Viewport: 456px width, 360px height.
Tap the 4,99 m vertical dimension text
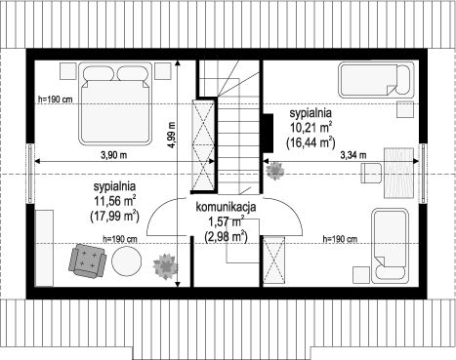pyautogui.click(x=172, y=135)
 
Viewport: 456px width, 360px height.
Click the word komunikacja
pyautogui.click(x=226, y=207)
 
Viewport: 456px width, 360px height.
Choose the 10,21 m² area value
pyautogui.click(x=311, y=127)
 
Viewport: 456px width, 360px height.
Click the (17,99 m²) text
pyautogui.click(x=114, y=217)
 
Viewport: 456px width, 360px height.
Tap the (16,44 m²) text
pyautogui.click(x=311, y=142)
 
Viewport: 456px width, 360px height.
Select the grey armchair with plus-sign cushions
pyautogui.click(x=87, y=261)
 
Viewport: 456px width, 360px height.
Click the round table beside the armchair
pyautogui.click(x=127, y=261)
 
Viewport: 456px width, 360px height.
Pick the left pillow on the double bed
pyautogui.click(x=99, y=73)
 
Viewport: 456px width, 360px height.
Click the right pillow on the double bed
pyautogui.click(x=132, y=73)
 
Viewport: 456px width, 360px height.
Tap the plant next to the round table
pyautogui.click(x=166, y=266)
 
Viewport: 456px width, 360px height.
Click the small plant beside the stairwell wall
pyautogui.click(x=275, y=171)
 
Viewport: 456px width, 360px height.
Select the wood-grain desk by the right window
pyautogui.click(x=399, y=173)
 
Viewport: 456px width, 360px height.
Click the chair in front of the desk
pyautogui.click(x=371, y=173)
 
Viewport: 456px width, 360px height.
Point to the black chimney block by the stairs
pyautogui.click(x=268, y=134)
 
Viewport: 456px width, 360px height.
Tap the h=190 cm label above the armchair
pyautogui.click(x=120, y=239)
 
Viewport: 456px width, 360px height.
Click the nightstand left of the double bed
pyautogui.click(x=68, y=71)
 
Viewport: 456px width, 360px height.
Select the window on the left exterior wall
pyautogui.click(x=30, y=174)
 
